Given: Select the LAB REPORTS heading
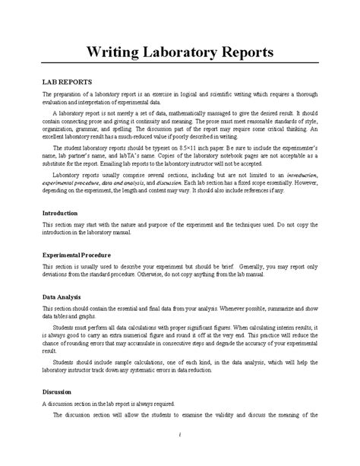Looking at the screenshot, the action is [x=68, y=80].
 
